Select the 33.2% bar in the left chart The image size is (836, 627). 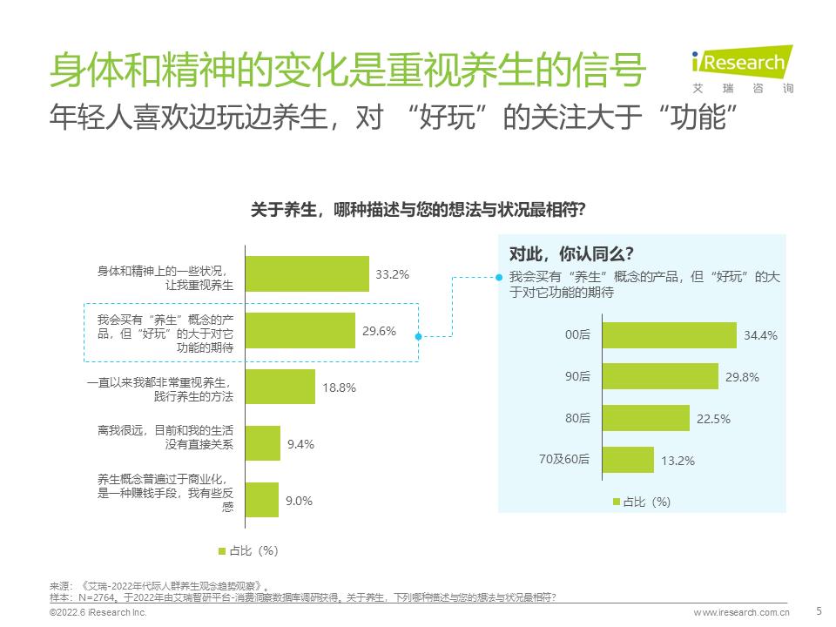coord(308,273)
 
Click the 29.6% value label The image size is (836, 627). coord(380,331)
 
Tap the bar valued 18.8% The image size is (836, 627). coord(280,387)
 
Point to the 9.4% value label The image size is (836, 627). coord(300,444)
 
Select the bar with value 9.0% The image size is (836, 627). coord(263,500)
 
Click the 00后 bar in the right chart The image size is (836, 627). coord(669,334)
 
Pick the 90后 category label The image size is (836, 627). coord(577,377)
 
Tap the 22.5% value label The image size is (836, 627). coord(713,419)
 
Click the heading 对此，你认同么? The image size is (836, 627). coord(571,254)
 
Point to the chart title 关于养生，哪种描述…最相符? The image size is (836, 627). coord(417,210)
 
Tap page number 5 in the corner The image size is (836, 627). coord(818,611)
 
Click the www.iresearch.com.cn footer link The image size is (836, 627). coord(741,614)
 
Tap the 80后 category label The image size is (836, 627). coord(577,419)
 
